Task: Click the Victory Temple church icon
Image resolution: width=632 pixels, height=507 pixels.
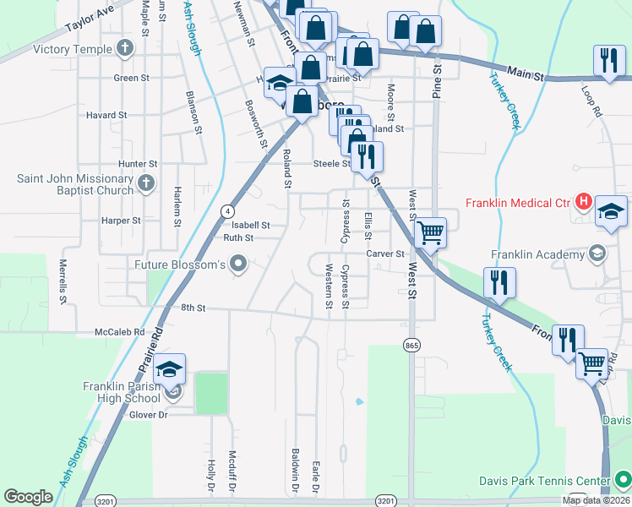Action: tap(127, 49)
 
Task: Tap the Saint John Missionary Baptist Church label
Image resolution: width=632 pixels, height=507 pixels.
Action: tap(76, 184)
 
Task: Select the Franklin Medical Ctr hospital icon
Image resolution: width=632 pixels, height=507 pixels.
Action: tap(582, 202)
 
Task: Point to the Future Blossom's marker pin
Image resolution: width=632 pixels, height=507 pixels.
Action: tap(238, 264)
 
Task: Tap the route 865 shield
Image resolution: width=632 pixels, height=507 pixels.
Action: tap(411, 346)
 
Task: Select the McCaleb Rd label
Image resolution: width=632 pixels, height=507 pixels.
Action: tap(120, 332)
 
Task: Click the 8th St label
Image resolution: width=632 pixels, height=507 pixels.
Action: tap(193, 309)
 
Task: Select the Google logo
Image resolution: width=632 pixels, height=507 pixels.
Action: tap(29, 497)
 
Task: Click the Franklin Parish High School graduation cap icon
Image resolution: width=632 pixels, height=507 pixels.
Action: tap(170, 369)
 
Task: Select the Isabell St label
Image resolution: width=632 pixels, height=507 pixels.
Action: tap(251, 226)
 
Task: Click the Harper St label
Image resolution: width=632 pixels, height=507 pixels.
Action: tap(121, 221)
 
